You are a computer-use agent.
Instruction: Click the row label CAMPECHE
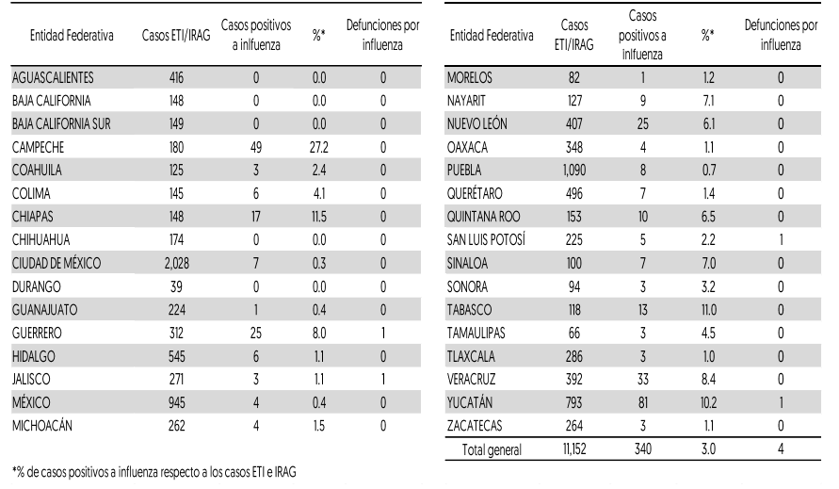(38, 147)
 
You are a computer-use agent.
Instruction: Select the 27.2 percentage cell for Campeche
(319, 147)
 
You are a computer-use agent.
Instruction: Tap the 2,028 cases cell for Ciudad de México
(177, 264)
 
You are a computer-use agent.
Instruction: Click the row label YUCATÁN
(470, 402)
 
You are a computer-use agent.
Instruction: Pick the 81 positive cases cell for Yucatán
(642, 402)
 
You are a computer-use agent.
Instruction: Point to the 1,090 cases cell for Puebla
(574, 171)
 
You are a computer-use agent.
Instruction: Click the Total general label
(492, 449)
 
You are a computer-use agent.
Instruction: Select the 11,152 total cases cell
(574, 448)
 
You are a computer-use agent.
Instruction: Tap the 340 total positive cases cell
(642, 448)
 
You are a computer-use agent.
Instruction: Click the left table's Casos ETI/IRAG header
(176, 36)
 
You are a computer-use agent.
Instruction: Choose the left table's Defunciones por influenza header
(382, 35)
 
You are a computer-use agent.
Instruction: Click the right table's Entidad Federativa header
(492, 36)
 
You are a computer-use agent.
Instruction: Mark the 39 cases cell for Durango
(176, 286)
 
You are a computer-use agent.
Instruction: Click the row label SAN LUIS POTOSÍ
(487, 239)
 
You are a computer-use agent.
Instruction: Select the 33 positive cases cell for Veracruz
(642, 379)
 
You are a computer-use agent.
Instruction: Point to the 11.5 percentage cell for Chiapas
(319, 217)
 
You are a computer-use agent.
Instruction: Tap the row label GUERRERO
(37, 334)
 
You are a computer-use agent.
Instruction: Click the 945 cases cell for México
(177, 402)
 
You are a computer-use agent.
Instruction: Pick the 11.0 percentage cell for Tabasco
(708, 310)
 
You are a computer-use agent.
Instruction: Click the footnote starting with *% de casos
(154, 472)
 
